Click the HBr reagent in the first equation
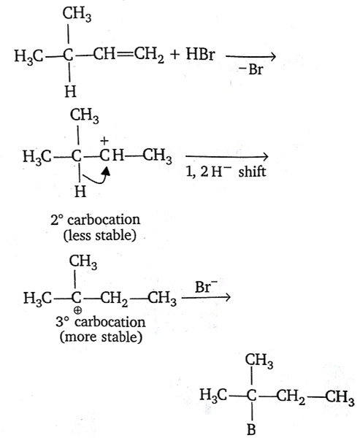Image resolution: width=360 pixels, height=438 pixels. click(200, 54)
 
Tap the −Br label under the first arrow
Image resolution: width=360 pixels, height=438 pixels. click(250, 69)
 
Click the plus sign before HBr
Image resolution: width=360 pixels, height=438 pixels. click(175, 55)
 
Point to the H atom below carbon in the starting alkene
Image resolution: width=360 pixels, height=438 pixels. click(70, 91)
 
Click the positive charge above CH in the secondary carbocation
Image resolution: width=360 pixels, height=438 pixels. click(104, 142)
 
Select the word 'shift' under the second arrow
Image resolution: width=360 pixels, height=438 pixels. click(252, 172)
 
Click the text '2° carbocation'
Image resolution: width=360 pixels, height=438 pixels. click(96, 220)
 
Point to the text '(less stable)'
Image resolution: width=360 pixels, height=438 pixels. click(100, 235)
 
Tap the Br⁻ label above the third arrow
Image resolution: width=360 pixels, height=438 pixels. click(206, 287)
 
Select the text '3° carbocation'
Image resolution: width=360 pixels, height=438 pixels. click(101, 322)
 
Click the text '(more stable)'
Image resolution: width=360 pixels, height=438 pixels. click(102, 337)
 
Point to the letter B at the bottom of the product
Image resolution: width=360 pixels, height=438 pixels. click(251, 429)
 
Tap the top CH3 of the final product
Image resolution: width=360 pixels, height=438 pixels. click(259, 361)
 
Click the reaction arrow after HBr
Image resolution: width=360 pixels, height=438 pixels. click(250, 57)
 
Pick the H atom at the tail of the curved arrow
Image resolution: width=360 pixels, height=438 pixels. click(80, 192)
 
